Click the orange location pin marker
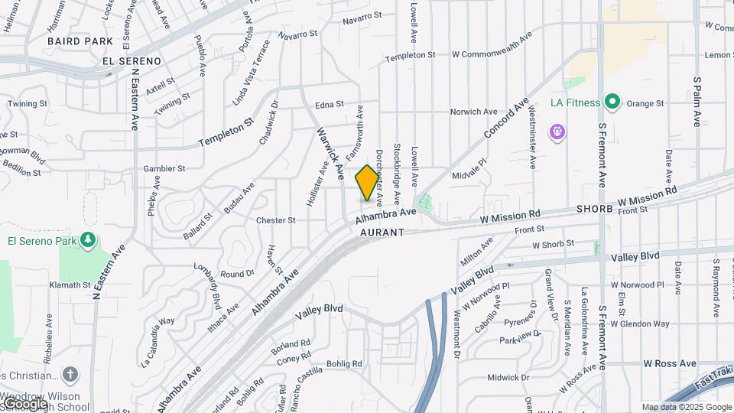pyautogui.click(x=368, y=183)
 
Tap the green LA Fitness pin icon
pyautogui.click(x=612, y=102)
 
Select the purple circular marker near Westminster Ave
pyautogui.click(x=558, y=132)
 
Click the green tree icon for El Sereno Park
pyautogui.click(x=89, y=240)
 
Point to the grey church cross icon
pyautogui.click(x=70, y=375)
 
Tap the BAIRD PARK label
pyautogui.click(x=80, y=41)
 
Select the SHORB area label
pyautogui.click(x=596, y=209)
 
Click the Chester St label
pyautogui.click(x=276, y=220)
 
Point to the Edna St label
pyautogui.click(x=330, y=106)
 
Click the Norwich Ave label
pyautogui.click(x=474, y=112)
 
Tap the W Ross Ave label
pyautogui.click(x=670, y=363)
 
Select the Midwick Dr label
pyautogui.click(x=508, y=378)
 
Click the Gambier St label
pyautogui.click(x=164, y=168)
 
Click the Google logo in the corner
pyautogui.click(x=24, y=404)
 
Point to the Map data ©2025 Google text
pyautogui.click(x=687, y=407)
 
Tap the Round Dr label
pyautogui.click(x=237, y=274)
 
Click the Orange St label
pyautogui.click(x=646, y=103)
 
